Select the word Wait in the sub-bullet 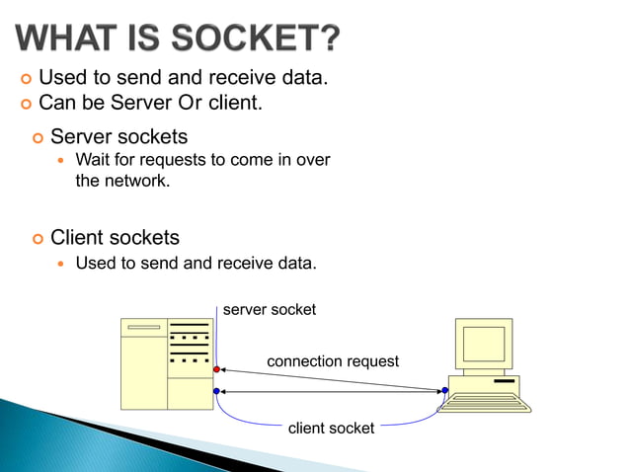pyautogui.click(x=93, y=160)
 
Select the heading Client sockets pyautogui.click(x=115, y=237)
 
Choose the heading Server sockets pyautogui.click(x=118, y=136)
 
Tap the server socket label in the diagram pyautogui.click(x=270, y=310)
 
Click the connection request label pyautogui.click(x=333, y=361)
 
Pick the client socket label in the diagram pyautogui.click(x=331, y=428)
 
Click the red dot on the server pyautogui.click(x=216, y=369)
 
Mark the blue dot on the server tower pyautogui.click(x=216, y=391)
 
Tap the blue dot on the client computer pyautogui.click(x=445, y=391)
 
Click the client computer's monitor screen pyautogui.click(x=484, y=344)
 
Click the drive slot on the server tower pyautogui.click(x=143, y=328)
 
